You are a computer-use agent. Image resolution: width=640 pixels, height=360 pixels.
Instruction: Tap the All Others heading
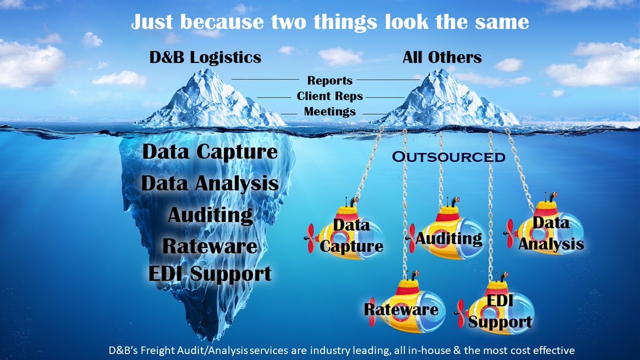[442, 58]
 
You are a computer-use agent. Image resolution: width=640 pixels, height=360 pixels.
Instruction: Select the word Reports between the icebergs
[330, 81]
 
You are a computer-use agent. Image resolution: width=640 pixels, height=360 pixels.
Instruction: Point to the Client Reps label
[330, 97]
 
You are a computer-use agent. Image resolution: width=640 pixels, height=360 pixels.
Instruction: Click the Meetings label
[330, 112]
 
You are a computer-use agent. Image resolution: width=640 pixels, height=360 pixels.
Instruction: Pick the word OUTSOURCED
[448, 157]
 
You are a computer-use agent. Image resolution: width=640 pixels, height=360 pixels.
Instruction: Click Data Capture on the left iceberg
[210, 152]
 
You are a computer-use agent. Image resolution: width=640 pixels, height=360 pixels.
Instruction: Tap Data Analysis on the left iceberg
[210, 184]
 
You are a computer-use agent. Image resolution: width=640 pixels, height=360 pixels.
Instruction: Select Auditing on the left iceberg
[210, 215]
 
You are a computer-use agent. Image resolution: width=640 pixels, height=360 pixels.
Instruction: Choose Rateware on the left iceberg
[210, 246]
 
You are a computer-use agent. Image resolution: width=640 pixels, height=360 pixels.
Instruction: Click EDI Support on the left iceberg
[210, 274]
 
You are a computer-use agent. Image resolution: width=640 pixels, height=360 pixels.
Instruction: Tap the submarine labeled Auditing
[447, 235]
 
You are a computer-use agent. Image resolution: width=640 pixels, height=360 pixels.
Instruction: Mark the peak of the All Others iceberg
[439, 70]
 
